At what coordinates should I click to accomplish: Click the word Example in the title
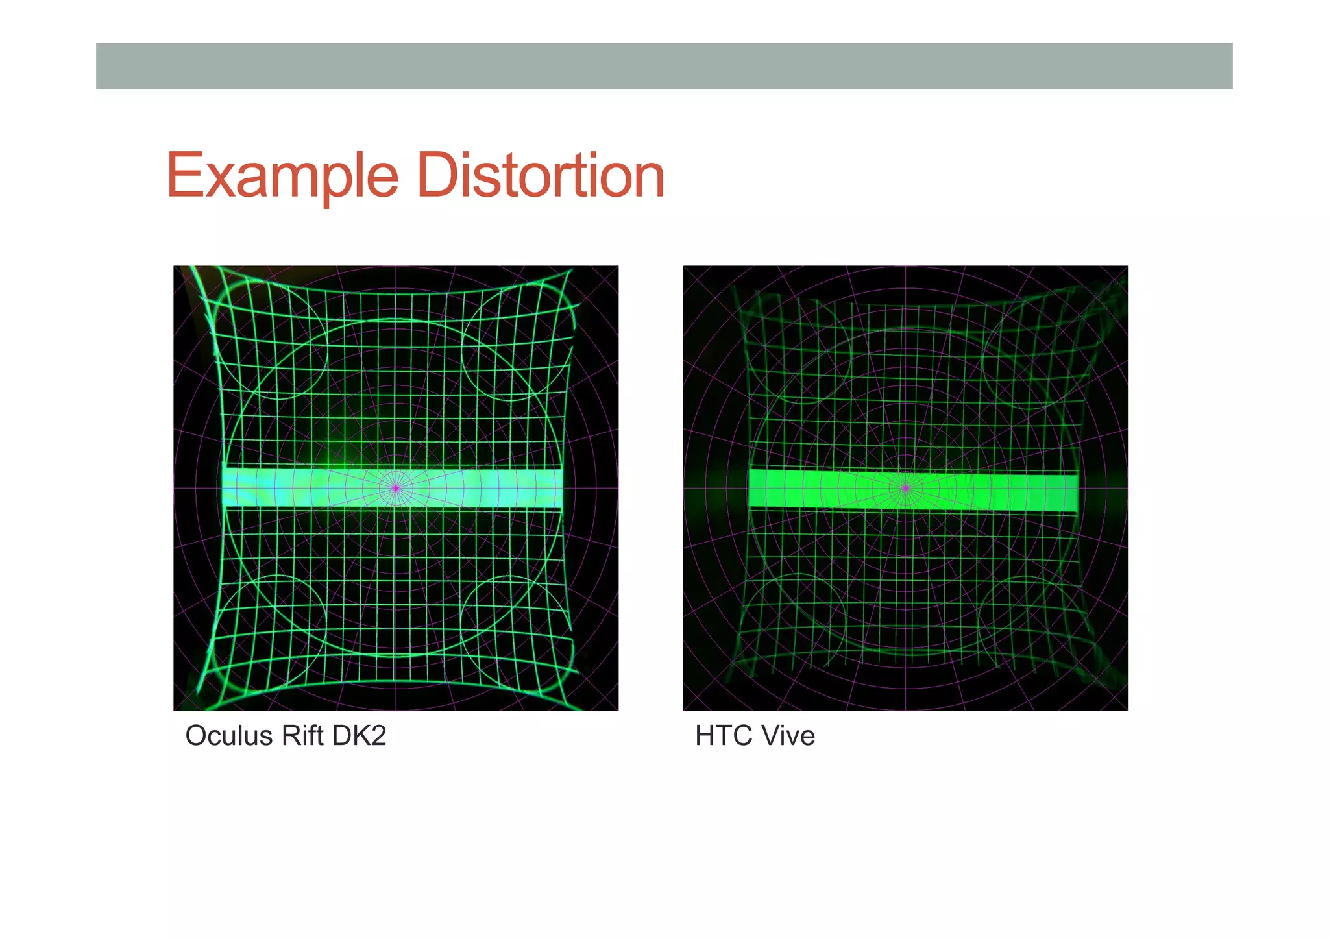282,175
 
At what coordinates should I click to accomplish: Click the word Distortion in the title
541,175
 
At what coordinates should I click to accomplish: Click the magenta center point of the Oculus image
396,488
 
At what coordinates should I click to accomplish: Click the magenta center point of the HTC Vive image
906,488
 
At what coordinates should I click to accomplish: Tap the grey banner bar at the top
664,66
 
